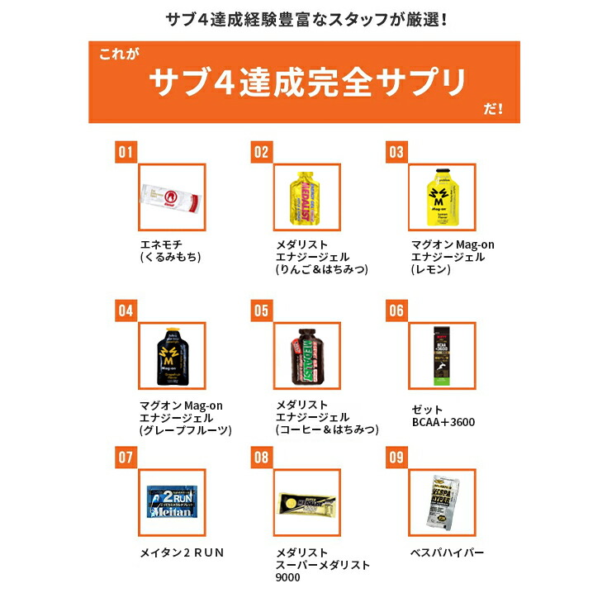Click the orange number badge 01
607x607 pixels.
pyautogui.click(x=126, y=152)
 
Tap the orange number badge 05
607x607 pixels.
pyautogui.click(x=262, y=311)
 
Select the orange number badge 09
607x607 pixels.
pyautogui.click(x=396, y=455)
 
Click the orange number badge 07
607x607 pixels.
pyautogui.click(x=126, y=455)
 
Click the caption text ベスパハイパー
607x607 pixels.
pyautogui.click(x=447, y=552)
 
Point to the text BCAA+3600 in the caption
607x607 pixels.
pyautogui.click(x=443, y=422)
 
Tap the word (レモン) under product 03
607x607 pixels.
pyautogui.click(x=429, y=269)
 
